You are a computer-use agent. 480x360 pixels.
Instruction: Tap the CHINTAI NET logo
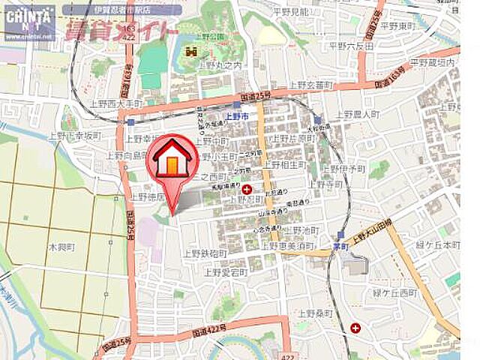[x=28, y=20]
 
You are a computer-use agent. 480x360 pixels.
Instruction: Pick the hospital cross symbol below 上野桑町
[x=354, y=328]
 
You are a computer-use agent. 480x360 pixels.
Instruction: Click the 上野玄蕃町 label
[x=309, y=86]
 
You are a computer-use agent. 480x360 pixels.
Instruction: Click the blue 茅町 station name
[x=342, y=245]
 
